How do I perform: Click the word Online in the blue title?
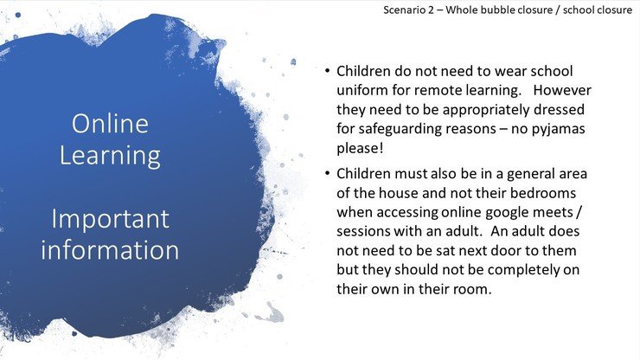point(110,123)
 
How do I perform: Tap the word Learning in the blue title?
point(110,156)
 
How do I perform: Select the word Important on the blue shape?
point(110,220)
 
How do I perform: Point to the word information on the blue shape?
point(110,250)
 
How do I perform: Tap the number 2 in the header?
point(431,10)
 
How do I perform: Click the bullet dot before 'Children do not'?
point(327,71)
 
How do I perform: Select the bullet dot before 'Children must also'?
point(327,174)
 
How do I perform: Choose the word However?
point(562,90)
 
